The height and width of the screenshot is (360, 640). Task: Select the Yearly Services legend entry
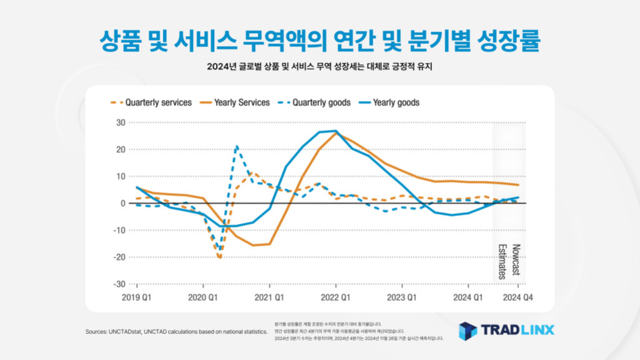(x=242, y=102)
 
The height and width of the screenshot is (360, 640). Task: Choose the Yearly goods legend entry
(x=396, y=102)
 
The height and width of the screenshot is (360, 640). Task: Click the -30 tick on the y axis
(x=120, y=284)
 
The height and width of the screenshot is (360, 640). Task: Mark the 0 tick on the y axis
(x=123, y=203)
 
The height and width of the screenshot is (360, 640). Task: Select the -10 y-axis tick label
(x=120, y=230)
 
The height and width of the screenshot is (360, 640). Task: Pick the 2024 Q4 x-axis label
(x=518, y=298)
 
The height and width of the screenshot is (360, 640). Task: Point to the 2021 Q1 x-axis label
(x=269, y=298)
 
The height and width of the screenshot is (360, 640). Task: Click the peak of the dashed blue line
(x=237, y=147)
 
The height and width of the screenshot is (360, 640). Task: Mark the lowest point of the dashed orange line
(x=220, y=258)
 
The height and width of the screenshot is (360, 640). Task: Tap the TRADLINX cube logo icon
(x=468, y=331)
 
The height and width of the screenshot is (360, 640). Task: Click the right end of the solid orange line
(x=518, y=185)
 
